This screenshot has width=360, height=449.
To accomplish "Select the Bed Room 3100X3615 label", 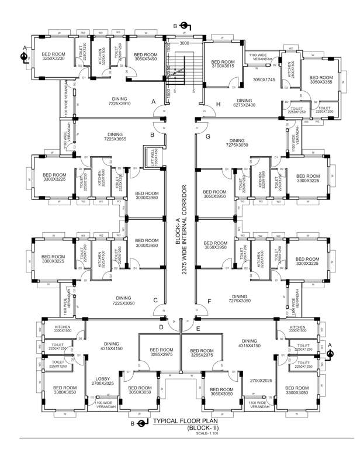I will coord(223,64).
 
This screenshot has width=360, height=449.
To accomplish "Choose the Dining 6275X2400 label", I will coord(244,103).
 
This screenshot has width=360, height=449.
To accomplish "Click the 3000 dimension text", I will coord(185,43).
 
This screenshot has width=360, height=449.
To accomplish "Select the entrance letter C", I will coord(155,301).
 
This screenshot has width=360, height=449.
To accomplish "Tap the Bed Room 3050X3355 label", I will coord(321,80).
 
